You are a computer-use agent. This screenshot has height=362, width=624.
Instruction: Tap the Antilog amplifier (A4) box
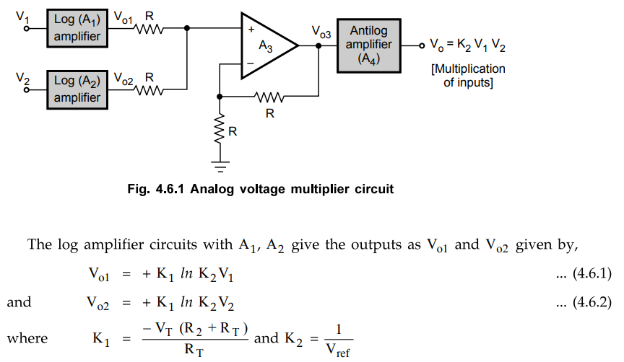(x=368, y=45)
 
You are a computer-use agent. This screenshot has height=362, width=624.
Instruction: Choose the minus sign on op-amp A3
(x=250, y=63)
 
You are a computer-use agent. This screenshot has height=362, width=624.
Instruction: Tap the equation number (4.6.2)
(x=584, y=302)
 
